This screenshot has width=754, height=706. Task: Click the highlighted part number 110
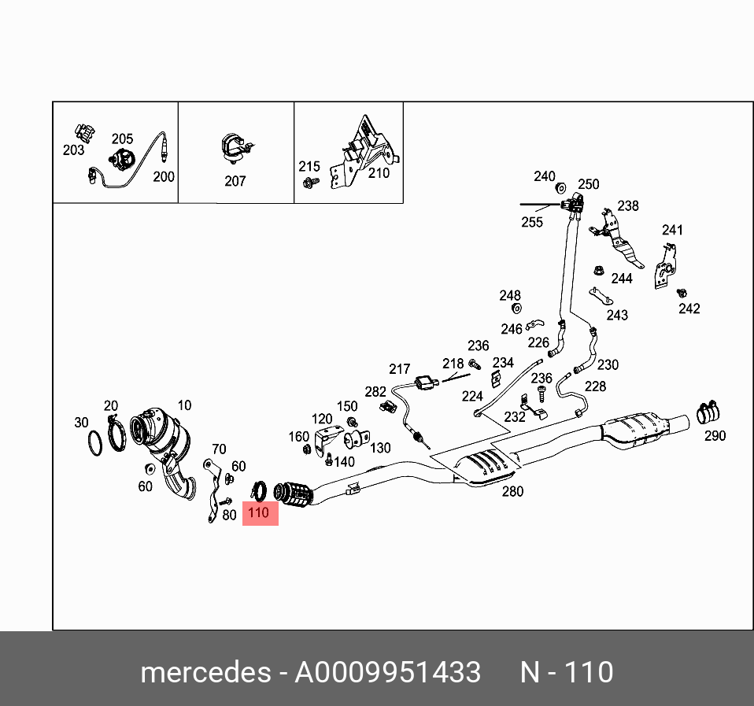(x=259, y=513)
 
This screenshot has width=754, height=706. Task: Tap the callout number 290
(x=715, y=435)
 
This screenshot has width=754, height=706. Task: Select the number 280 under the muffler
(x=512, y=492)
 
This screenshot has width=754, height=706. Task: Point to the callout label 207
(x=235, y=181)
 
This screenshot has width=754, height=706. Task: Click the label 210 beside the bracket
(x=379, y=173)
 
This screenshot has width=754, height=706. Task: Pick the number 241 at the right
(x=672, y=230)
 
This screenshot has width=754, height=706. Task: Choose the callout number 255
(x=532, y=222)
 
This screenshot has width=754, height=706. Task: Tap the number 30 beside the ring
(x=82, y=423)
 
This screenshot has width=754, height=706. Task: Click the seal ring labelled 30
(x=94, y=444)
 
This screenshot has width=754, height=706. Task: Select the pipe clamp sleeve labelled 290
(x=710, y=412)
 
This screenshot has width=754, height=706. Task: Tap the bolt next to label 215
(x=309, y=183)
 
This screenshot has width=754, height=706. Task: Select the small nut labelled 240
(x=561, y=188)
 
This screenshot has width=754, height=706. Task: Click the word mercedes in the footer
(x=204, y=673)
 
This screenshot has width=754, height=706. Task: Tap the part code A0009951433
(x=387, y=673)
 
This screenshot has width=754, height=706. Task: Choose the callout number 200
(x=164, y=177)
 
